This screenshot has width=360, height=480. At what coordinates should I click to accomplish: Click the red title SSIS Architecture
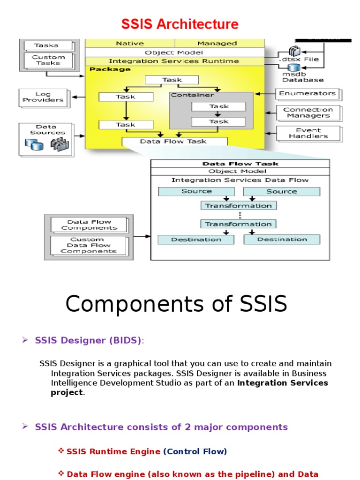pyautogui.click(x=180, y=24)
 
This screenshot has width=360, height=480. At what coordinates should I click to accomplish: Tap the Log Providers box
pyautogui.click(x=43, y=97)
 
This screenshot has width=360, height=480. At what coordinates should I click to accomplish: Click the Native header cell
pyautogui.click(x=129, y=43)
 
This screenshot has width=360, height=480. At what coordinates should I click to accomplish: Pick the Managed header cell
pyautogui.click(x=217, y=43)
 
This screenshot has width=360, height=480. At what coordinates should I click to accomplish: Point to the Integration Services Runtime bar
pyautogui.click(x=174, y=61)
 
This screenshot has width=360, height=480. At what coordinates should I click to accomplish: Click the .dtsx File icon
pyautogui.click(x=294, y=51)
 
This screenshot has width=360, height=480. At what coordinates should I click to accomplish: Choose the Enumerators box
pyautogui.click(x=307, y=94)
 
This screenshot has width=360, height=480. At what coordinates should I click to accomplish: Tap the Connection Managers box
pyautogui.click(x=308, y=112)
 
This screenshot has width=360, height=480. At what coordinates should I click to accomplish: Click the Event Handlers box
pyautogui.click(x=308, y=133)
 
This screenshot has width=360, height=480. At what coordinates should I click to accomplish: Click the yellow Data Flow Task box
pyautogui.click(x=173, y=141)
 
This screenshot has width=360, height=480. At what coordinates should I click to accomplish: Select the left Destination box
pyautogui.click(x=196, y=240)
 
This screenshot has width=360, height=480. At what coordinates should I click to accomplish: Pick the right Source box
pyautogui.click(x=282, y=191)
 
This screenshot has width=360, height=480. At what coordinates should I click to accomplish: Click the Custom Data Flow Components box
pyautogui.click(x=89, y=245)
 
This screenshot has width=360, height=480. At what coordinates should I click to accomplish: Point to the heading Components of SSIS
pyautogui.click(x=176, y=304)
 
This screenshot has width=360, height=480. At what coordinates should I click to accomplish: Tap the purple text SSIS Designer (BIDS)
pyautogui.click(x=88, y=341)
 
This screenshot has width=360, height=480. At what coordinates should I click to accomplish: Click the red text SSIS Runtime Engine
pyautogui.click(x=113, y=451)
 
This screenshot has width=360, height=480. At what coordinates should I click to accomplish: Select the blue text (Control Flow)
pyautogui.click(x=195, y=451)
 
